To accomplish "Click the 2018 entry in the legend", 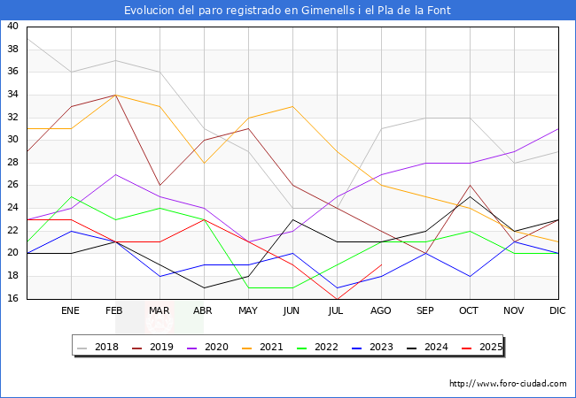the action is coord(97,347).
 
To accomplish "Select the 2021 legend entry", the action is coord(262,347).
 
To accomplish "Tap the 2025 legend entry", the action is coord(482,347).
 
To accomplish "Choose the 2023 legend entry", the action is coord(372,347).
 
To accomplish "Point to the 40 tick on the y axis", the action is coord(12,26).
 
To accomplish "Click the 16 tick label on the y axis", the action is coord(12,299).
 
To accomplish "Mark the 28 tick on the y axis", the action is coord(12,163).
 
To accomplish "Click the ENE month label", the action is coord(70,310).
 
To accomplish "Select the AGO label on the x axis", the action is coord(380,310).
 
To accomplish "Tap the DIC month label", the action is coord(557,310).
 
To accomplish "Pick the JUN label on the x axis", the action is coord(292,310).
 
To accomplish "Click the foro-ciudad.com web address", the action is coord(508,384).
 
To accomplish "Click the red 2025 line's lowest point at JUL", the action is coord(338,299).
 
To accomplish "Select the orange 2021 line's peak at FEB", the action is coord(116,95).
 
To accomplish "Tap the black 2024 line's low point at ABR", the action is coord(204,287).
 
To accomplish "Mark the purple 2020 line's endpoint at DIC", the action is coord(558,129).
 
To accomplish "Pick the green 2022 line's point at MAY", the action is coord(249,287).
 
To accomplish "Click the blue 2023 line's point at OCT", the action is coord(470,276).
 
